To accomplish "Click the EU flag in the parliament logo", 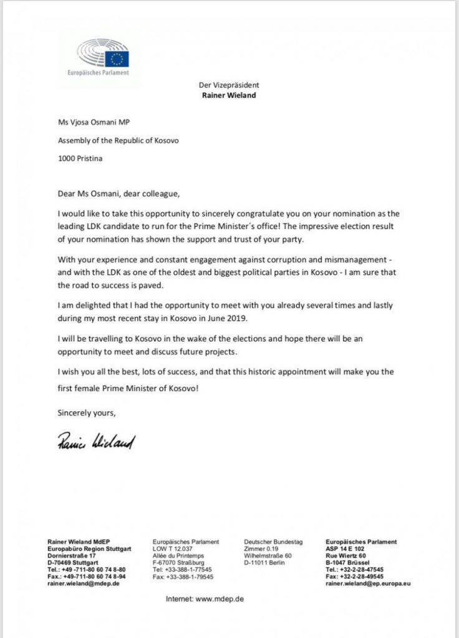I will pos(117,59).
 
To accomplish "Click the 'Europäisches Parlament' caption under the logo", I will pos(98,72).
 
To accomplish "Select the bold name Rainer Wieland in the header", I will pos(229,96).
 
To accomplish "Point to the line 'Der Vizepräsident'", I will pos(229,85).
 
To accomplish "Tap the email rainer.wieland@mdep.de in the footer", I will pos(84,583).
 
